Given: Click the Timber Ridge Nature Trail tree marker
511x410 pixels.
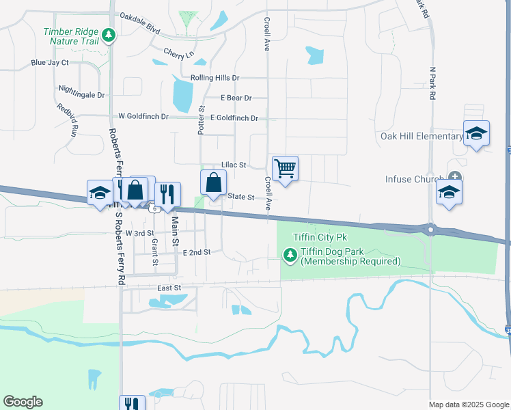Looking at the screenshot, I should point(107,35).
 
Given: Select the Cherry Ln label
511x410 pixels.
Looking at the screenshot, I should point(179,52).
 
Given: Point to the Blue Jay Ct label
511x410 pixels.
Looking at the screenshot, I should point(50,63).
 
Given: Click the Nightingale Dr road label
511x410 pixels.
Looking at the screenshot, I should point(82,95).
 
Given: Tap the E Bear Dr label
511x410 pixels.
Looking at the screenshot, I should point(236,98).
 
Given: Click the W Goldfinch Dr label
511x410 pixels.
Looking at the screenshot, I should point(143,117).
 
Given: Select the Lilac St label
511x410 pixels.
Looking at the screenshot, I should point(233,165).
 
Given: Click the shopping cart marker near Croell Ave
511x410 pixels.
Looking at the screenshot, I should point(285,167).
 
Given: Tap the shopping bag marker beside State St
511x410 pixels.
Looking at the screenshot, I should point(214,182).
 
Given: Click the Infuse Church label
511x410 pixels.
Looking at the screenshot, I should point(411,180).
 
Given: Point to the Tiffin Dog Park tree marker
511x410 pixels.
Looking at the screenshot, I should point(290,256).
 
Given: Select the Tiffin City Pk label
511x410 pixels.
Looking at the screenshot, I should point(320,237).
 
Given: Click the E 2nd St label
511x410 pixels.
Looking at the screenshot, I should point(197,252).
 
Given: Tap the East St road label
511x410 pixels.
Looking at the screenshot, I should point(169,289).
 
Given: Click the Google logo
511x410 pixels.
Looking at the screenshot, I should point(23,402).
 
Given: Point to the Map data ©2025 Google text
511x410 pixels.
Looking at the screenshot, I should point(469,405).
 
